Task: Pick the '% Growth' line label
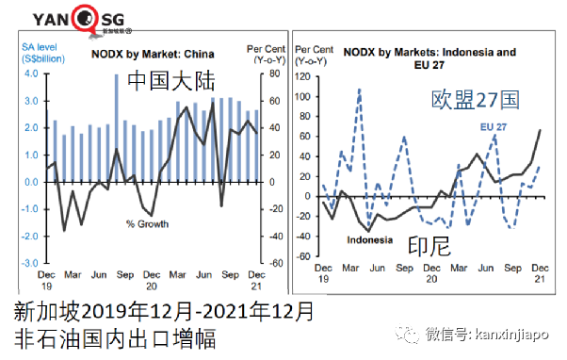(x=147, y=223)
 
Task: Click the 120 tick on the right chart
(x=301, y=74)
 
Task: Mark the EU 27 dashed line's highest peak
(x=359, y=90)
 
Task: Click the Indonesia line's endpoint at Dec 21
(x=540, y=130)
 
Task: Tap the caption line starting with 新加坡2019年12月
(x=164, y=310)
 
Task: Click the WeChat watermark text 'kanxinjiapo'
(x=514, y=333)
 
